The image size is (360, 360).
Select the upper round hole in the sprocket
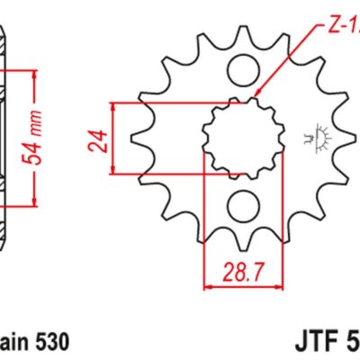pyautogui.click(x=240, y=68)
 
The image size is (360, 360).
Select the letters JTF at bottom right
pyautogui.click(x=315, y=343)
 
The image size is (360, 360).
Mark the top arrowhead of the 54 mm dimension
pyautogui.click(x=34, y=70)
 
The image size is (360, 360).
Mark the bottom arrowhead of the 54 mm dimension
pyautogui.click(x=34, y=204)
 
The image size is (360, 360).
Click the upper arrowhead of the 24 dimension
pyautogui.click(x=114, y=107)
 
